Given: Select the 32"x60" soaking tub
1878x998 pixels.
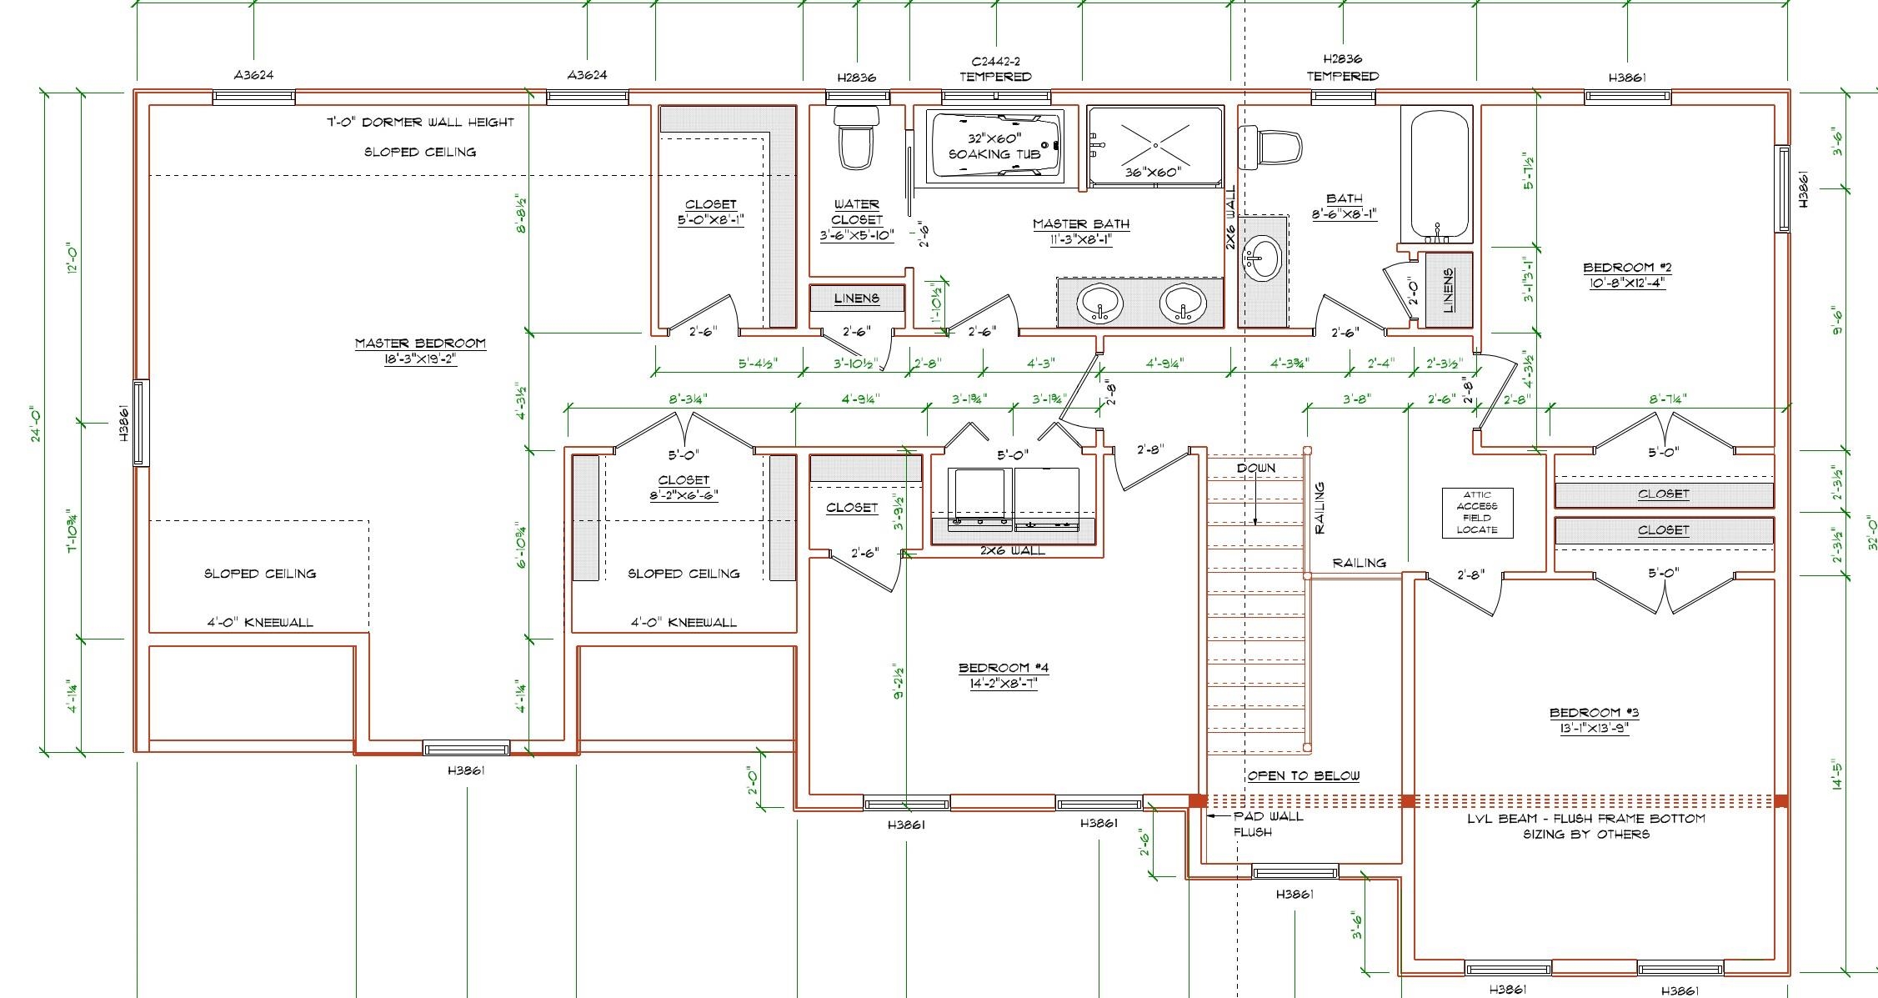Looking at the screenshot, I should [995, 145].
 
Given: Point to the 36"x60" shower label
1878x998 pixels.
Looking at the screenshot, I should [1154, 173].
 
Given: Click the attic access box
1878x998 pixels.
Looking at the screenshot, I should [1477, 512].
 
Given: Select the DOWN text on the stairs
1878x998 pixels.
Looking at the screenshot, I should [1255, 468].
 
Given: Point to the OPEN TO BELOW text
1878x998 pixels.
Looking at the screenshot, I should [1303, 775].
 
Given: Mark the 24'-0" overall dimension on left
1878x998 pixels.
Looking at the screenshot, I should [38, 423].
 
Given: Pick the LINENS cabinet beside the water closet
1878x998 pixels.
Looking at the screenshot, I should [857, 298].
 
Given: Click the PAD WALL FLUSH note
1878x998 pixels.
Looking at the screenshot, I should [1267, 824].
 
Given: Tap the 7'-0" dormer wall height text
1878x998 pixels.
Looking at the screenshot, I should [420, 122].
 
